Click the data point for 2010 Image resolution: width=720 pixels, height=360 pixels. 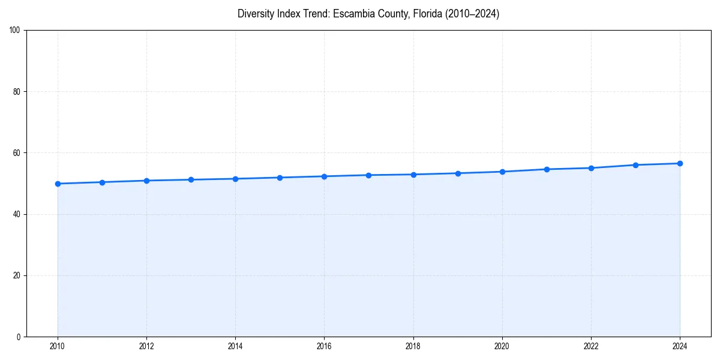[x=58, y=184]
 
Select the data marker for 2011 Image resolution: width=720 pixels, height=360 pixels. [x=102, y=182]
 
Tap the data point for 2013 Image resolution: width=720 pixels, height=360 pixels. [x=191, y=180]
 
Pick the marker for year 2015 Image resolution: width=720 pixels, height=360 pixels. [x=280, y=178]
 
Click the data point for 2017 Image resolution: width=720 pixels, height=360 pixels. [x=368, y=175]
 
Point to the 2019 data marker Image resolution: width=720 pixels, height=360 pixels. [x=458, y=173]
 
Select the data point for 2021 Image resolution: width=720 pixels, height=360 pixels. [x=547, y=169]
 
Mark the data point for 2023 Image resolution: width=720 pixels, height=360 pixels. [x=635, y=165]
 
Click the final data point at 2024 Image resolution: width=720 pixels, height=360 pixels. [x=680, y=163]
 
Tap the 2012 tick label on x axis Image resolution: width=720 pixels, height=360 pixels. [x=146, y=346]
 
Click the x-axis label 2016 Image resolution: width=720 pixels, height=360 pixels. [x=324, y=346]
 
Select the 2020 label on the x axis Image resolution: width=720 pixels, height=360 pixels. [x=502, y=346]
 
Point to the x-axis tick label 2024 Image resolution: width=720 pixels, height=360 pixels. [x=680, y=346]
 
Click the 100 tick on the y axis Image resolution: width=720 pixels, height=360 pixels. [x=15, y=31]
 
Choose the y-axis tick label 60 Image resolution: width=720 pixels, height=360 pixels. [x=17, y=153]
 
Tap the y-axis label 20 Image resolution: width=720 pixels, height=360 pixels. [x=17, y=275]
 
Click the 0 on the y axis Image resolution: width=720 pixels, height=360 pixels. [x=19, y=337]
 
